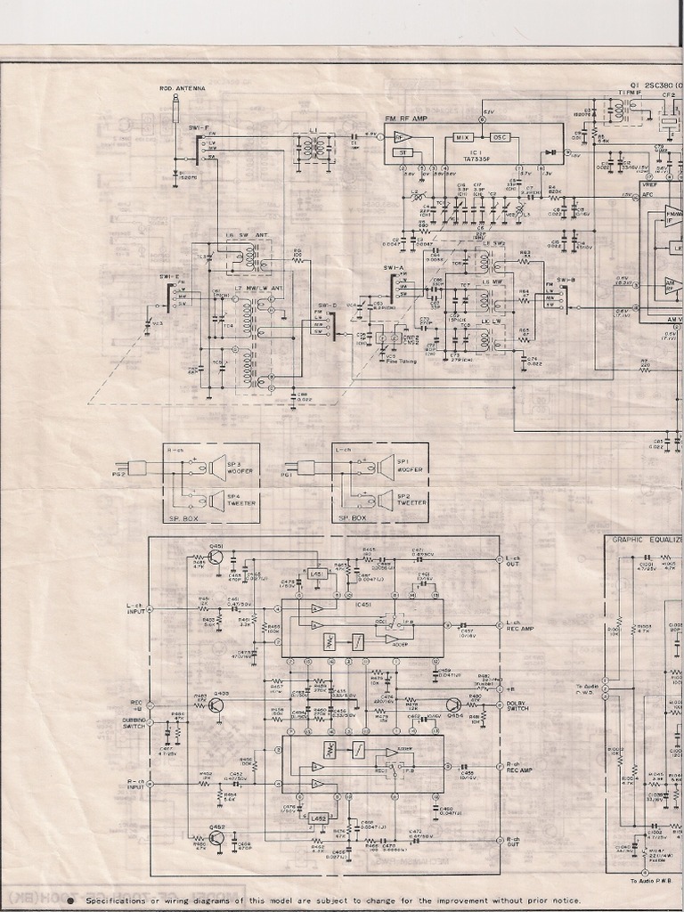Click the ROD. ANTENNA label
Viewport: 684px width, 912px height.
pos(182,88)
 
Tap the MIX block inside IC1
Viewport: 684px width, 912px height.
pos(462,137)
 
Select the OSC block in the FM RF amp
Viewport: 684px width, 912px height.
pos(500,137)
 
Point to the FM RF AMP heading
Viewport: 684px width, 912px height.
pos(406,118)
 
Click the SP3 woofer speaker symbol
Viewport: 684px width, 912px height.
pos(216,468)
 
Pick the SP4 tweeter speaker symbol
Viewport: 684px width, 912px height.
pos(216,500)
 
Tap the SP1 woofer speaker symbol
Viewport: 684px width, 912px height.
pos(385,467)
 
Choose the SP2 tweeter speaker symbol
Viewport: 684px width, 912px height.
pos(385,501)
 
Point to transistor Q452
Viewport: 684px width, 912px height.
pos(216,840)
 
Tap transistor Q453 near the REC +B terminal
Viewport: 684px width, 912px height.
pos(216,705)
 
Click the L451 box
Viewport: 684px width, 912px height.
pos(316,574)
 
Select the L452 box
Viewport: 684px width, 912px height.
pos(318,818)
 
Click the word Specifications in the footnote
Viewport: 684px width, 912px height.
pos(134,899)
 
